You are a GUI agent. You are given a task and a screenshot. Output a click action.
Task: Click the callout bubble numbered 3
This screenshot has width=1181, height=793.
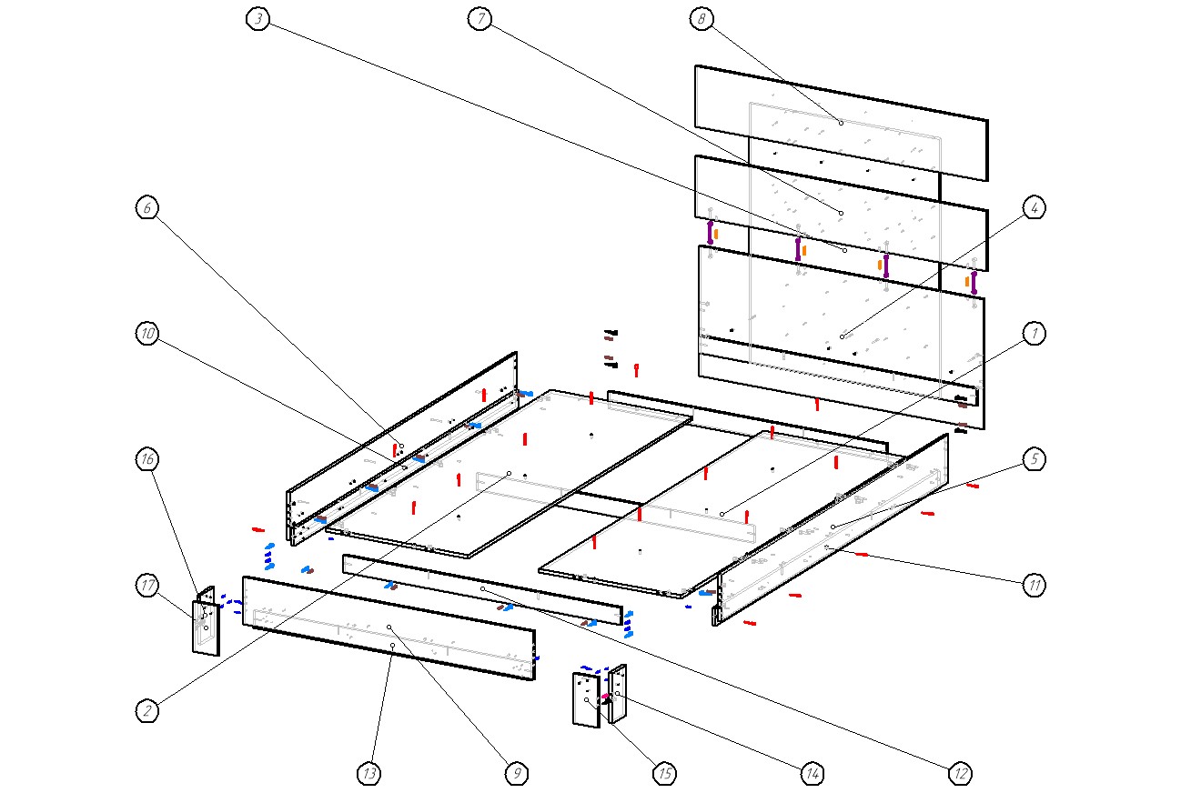click(258, 19)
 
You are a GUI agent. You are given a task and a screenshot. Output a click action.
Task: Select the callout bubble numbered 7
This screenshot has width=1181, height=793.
click(479, 19)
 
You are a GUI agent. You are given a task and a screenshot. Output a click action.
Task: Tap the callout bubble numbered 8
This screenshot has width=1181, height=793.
click(701, 19)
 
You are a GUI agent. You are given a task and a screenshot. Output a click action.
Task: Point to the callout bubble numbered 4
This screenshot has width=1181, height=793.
click(1033, 207)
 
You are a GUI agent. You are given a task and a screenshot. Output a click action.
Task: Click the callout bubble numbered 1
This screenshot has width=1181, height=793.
click(1033, 334)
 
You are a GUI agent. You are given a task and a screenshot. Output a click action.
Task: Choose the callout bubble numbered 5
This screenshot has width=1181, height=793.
click(1033, 460)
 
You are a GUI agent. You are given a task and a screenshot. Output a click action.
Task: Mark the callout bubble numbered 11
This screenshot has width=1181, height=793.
click(1033, 586)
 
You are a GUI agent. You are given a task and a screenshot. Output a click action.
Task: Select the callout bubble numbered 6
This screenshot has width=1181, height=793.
click(147, 207)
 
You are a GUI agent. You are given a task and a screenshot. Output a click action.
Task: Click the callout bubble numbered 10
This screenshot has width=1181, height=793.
click(147, 334)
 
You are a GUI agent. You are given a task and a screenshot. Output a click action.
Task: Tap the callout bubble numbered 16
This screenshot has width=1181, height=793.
click(147, 459)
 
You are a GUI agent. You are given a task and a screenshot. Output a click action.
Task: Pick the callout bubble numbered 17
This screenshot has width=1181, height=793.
click(147, 586)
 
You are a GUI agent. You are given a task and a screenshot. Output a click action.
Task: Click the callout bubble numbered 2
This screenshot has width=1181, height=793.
click(147, 711)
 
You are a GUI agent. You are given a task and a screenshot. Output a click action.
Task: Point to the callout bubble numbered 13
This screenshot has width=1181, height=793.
click(368, 774)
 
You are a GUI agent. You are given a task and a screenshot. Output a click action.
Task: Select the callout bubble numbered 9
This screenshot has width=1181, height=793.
click(516, 774)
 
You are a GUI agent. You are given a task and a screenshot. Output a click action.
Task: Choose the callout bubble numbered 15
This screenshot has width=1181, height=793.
click(664, 774)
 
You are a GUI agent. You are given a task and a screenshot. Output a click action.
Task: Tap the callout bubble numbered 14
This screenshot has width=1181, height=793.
click(812, 774)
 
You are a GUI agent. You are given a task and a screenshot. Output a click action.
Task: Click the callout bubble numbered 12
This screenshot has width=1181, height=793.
click(959, 774)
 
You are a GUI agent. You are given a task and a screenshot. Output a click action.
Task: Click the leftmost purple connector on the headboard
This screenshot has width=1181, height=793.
click(711, 231)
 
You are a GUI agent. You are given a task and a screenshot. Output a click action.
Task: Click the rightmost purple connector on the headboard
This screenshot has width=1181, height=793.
click(974, 282)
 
